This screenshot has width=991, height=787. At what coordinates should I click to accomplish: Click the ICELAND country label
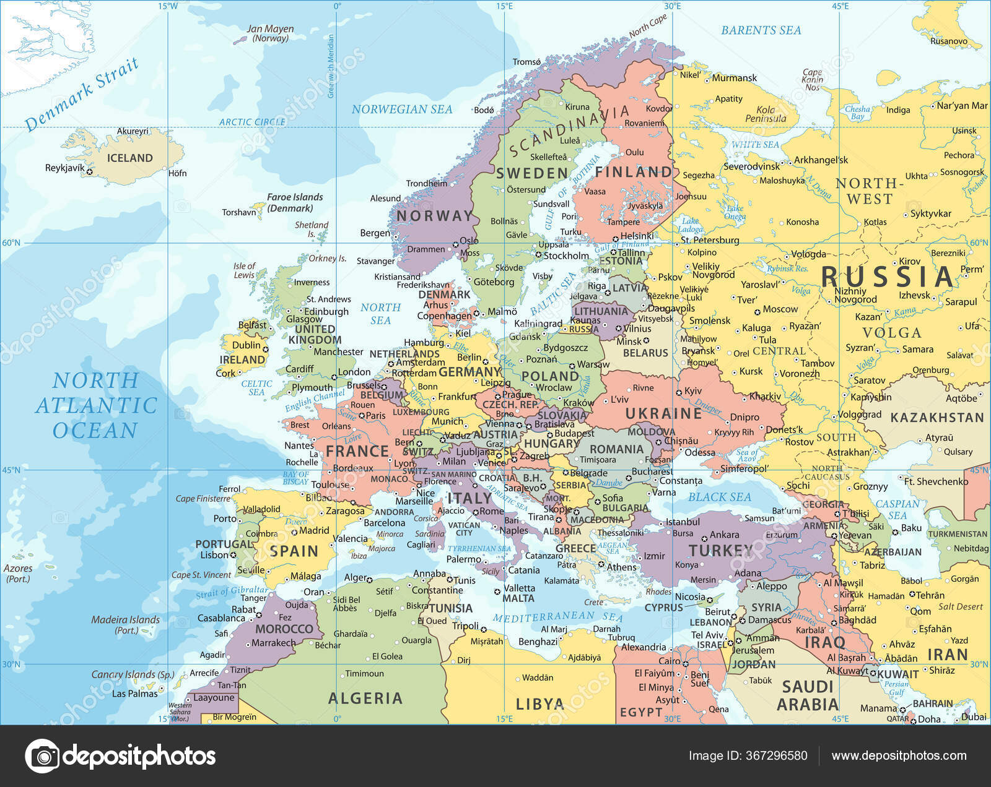point(129,158)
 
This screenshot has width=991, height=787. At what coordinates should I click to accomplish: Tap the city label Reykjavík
point(64,168)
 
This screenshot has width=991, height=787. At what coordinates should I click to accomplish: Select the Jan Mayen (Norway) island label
point(270,33)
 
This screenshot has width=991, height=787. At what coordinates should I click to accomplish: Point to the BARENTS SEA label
point(761,30)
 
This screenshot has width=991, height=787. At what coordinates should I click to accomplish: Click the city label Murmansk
point(734,78)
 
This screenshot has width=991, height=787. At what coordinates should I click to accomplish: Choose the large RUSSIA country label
point(887,277)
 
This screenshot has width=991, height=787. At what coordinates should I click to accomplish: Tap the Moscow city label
point(780,309)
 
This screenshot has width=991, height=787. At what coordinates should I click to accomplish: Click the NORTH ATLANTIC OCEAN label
point(96,405)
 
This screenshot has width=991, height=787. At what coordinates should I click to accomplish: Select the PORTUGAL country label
point(224,544)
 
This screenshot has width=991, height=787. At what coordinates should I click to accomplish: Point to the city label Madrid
point(314,530)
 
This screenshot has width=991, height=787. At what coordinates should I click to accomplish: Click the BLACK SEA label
point(719,497)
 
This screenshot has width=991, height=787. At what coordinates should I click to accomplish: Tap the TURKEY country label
point(720,550)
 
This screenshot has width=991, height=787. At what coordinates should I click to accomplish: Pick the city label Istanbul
point(682,522)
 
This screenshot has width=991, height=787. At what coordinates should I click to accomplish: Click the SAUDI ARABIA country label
point(808,695)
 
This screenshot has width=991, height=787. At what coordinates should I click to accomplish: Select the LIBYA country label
point(539,703)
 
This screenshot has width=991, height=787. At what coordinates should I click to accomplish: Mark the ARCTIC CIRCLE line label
point(252,122)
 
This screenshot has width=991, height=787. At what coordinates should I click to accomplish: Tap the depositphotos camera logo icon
point(42,755)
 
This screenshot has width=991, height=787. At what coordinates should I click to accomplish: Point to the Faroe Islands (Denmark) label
point(295,202)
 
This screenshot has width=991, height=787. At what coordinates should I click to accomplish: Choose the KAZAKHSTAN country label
point(936,418)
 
